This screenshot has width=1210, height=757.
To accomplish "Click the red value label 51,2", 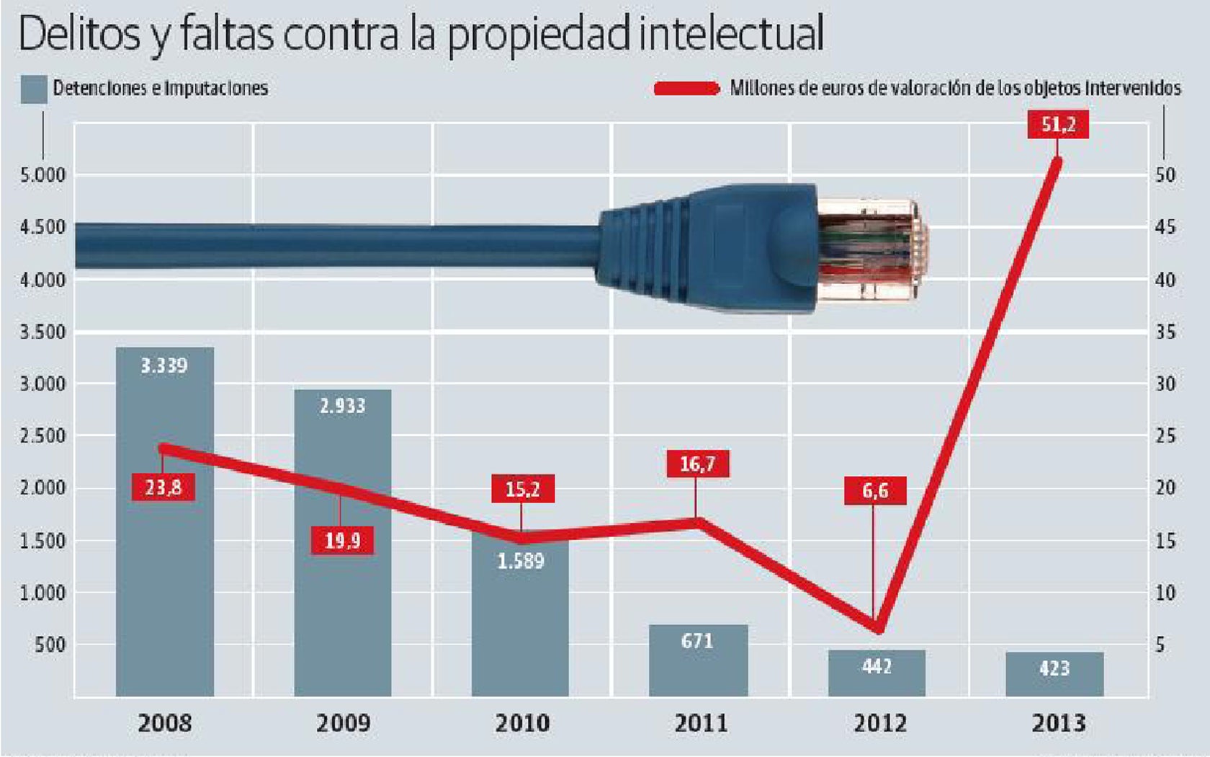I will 1058,125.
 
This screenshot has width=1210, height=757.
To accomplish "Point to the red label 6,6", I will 875,491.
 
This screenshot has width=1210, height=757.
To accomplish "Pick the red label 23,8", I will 163,487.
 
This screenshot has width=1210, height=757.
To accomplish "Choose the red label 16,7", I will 697,464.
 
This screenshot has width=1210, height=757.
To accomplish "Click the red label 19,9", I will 342,540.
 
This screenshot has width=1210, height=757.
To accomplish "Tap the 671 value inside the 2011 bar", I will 697,641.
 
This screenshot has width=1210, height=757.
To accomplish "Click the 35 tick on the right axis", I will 1165,332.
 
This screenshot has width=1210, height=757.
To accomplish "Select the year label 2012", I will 879,722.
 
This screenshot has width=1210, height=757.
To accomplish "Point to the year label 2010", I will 522,722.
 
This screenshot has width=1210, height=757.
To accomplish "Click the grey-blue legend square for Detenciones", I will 34,89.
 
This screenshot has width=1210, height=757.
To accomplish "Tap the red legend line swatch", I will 686,89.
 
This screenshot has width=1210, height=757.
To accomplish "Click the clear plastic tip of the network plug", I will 871,249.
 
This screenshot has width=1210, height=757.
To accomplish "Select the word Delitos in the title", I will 79,33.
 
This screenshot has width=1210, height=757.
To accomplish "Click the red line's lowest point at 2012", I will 877,627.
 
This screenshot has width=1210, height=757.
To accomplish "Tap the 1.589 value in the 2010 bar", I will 521,561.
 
